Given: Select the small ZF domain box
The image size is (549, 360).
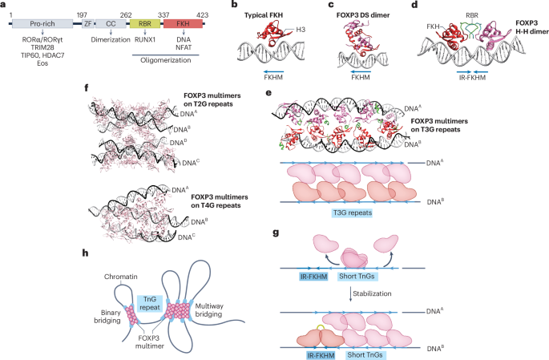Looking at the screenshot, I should coord(88,26).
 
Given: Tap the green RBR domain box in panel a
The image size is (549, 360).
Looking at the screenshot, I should coord(145,26).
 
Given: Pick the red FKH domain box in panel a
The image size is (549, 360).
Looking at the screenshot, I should coord(181,26).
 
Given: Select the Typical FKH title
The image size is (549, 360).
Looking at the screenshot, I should coord(261,15).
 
